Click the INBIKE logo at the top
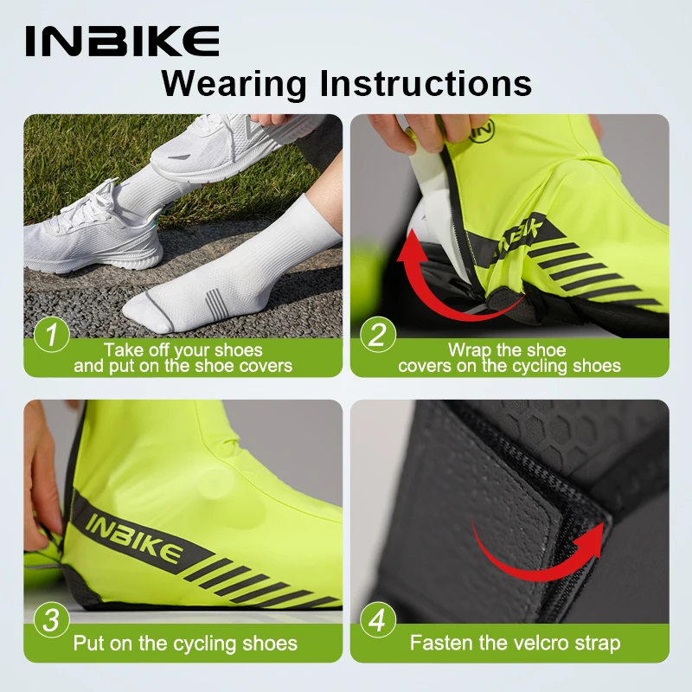coord(122,41)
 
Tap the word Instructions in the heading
coord(424,84)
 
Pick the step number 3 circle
coord(52,622)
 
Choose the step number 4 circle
coord(377,622)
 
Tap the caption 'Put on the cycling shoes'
coord(185,643)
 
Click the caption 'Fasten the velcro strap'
coord(515,643)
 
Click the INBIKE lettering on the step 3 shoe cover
coord(134,537)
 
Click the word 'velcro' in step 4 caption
coord(535,643)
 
